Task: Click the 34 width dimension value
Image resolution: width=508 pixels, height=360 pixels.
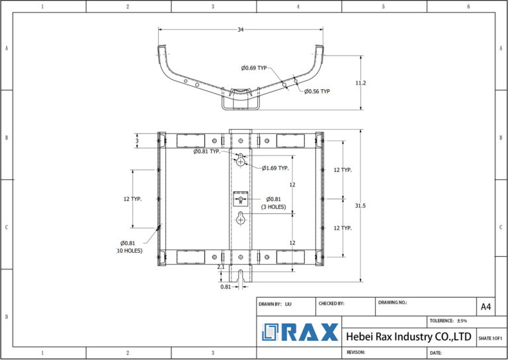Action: [x=239, y=30]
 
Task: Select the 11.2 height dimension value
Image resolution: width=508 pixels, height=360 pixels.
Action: [x=360, y=83]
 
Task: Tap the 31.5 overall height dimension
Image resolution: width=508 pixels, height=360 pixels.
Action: [x=360, y=206]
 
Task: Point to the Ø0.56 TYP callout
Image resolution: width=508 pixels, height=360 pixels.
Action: [x=317, y=91]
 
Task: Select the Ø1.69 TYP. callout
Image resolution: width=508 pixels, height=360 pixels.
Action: [x=275, y=168]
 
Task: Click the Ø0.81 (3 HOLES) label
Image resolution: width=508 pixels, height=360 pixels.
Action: [x=273, y=202]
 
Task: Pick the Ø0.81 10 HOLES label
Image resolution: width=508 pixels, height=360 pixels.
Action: [x=130, y=247]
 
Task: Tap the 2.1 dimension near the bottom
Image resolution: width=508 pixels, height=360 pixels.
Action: [x=222, y=267]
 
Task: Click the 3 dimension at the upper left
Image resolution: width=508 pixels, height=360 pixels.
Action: [x=137, y=141]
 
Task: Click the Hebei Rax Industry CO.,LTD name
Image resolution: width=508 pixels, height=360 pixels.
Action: [x=409, y=337]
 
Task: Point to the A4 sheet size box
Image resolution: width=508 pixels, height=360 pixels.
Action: [x=486, y=306]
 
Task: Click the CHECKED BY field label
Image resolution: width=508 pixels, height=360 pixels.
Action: [x=331, y=303]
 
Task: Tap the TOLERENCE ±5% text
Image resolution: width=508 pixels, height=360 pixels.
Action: [x=448, y=320]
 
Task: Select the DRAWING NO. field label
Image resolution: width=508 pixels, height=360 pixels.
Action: [x=393, y=302]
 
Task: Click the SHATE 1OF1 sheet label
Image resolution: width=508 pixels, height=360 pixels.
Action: [x=489, y=338]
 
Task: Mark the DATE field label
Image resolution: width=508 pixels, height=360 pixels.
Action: [x=435, y=353]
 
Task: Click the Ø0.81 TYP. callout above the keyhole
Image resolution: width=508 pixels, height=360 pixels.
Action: [x=207, y=152]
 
